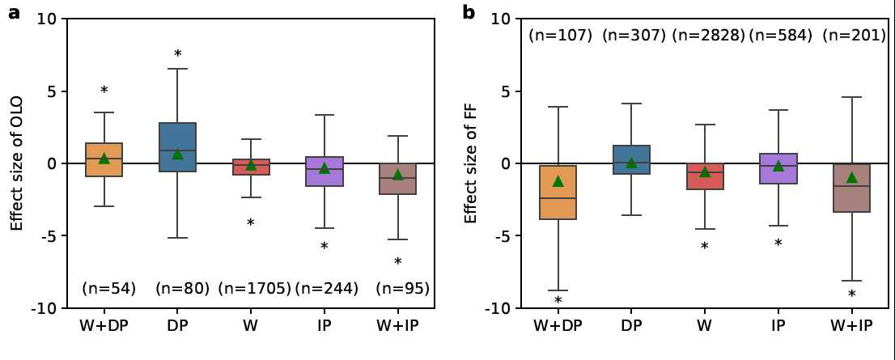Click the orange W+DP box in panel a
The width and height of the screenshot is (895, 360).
click(104, 159)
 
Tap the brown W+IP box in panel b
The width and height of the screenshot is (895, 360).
click(851, 188)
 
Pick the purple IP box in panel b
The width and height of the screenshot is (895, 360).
click(778, 168)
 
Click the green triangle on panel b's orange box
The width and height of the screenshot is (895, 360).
click(558, 181)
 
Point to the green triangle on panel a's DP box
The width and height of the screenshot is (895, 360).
click(177, 153)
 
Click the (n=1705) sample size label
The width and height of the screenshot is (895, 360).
click(254, 288)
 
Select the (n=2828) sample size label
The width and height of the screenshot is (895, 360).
click(709, 36)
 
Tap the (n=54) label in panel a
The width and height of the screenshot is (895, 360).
click(108, 288)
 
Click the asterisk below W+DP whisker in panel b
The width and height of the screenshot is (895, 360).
click(558, 302)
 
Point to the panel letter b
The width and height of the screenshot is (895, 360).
click(469, 12)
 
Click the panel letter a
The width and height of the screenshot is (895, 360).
click(14, 12)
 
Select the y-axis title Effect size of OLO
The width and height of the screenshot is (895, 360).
click(17, 163)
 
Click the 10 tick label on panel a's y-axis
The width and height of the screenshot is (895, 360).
click(46, 19)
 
